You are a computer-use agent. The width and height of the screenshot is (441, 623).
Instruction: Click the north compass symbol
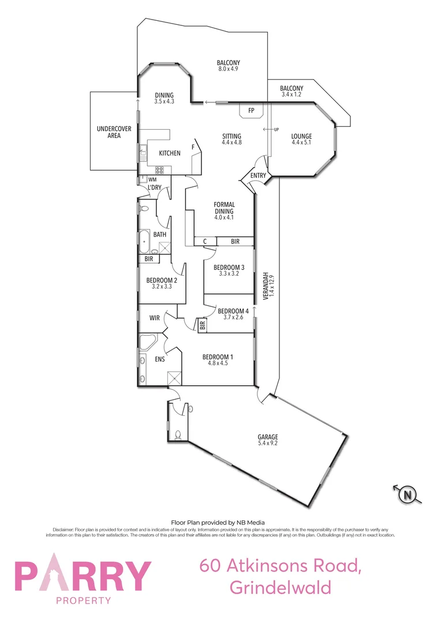click(x=408, y=494)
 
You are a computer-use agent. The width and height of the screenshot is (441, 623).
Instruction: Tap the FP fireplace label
click(x=251, y=110)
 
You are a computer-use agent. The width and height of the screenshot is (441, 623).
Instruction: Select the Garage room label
click(x=268, y=437)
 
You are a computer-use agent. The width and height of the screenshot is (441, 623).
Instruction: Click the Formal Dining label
click(x=224, y=208)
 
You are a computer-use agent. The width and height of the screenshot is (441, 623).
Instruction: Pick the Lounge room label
click(x=301, y=136)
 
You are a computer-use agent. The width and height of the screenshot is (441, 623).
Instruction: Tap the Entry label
click(x=257, y=176)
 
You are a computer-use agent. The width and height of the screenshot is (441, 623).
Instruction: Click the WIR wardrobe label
click(x=155, y=318)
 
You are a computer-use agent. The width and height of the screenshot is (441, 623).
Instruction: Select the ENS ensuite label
click(x=160, y=359)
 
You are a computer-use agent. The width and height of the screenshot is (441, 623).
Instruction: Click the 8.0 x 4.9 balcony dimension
click(x=228, y=69)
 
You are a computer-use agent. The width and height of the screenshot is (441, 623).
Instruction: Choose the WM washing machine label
click(x=152, y=179)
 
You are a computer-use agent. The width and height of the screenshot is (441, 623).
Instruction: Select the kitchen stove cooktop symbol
click(x=159, y=170)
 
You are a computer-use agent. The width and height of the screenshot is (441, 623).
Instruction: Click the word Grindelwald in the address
click(x=281, y=587)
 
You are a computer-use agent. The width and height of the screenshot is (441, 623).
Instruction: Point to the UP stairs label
click(x=276, y=129)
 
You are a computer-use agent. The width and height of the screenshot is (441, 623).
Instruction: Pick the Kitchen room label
click(x=170, y=153)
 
